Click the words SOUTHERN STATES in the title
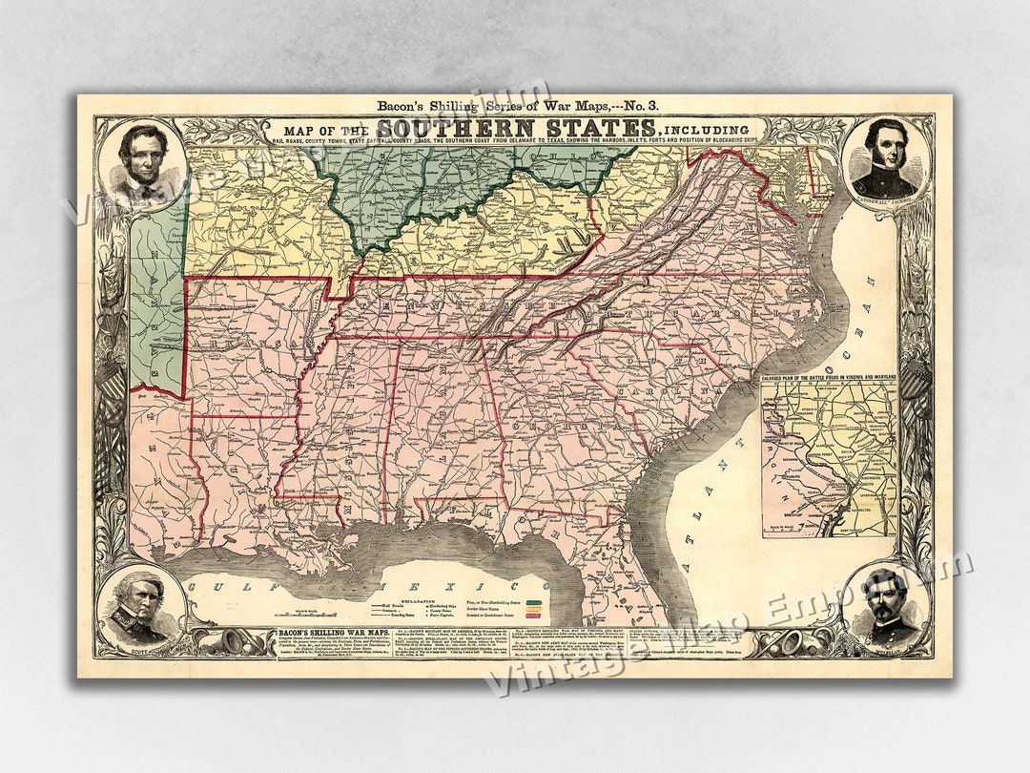coord(516,128)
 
